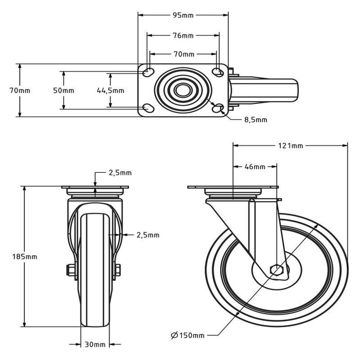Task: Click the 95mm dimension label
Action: pos(183,15)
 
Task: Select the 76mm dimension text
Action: pos(183,35)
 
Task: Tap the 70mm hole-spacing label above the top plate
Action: pos(183,54)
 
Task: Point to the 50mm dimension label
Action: pos(64,90)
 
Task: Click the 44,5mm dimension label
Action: pos(111,91)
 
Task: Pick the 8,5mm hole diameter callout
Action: pos(256,120)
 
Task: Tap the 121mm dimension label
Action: pos(290,146)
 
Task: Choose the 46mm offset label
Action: pos(255,167)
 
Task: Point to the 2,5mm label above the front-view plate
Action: pos(120,173)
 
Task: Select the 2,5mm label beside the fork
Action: pos(148,235)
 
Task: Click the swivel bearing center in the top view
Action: pos(182,90)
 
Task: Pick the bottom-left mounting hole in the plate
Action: pos(148,108)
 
